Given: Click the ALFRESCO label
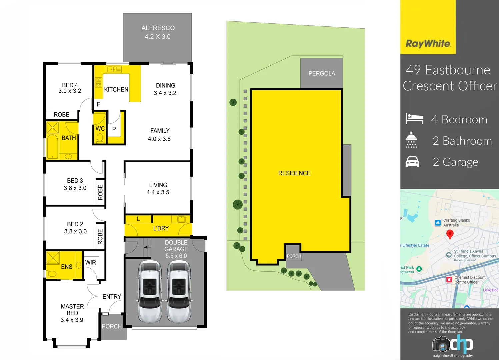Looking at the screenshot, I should (x=158, y=28).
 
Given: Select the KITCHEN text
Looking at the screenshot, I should (x=116, y=89).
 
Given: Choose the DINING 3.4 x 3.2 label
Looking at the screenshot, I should (x=165, y=89).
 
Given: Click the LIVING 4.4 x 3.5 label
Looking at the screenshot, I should (x=158, y=188).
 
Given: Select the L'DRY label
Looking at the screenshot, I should (x=161, y=228).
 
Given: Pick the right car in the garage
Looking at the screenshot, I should (x=179, y=291).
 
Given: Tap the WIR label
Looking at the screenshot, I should (x=90, y=262).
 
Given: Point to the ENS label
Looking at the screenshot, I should (x=67, y=267).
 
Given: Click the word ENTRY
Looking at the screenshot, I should (x=112, y=297).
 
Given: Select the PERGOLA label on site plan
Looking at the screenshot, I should (x=322, y=73).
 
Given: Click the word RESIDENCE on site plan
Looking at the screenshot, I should (x=294, y=173).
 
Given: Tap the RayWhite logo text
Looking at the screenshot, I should (x=428, y=44).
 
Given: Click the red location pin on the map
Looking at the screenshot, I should (x=450, y=234).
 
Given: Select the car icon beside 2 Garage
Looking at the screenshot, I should (x=412, y=162).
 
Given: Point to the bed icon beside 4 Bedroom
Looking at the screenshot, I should (x=414, y=119).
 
